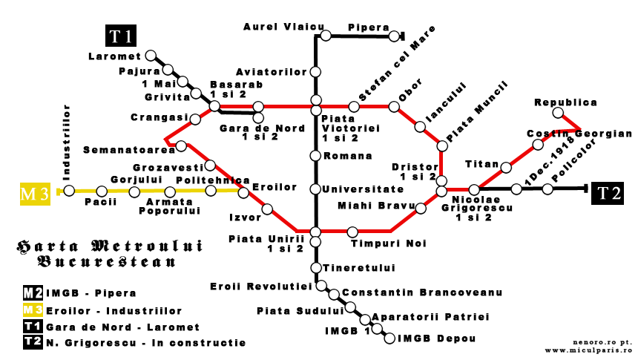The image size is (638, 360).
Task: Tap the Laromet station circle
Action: (x=151, y=56)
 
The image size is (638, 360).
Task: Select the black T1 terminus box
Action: (x=121, y=37)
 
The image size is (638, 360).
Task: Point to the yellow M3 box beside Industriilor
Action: (x=35, y=194)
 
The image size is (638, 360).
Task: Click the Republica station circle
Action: (x=558, y=114)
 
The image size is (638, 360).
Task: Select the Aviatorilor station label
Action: (x=271, y=72)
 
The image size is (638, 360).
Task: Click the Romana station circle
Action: (x=316, y=156)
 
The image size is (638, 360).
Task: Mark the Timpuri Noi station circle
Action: (x=352, y=232)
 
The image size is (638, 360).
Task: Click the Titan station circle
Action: (x=506, y=167)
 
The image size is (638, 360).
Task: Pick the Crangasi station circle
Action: (x=195, y=119)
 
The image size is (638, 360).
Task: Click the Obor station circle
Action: (x=394, y=107)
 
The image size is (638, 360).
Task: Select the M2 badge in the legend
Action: (x=33, y=292)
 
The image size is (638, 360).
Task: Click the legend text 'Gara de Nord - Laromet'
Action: (x=122, y=327)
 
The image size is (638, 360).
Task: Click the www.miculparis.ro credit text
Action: (x=588, y=350)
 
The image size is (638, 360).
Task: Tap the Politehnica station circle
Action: (x=211, y=191)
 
